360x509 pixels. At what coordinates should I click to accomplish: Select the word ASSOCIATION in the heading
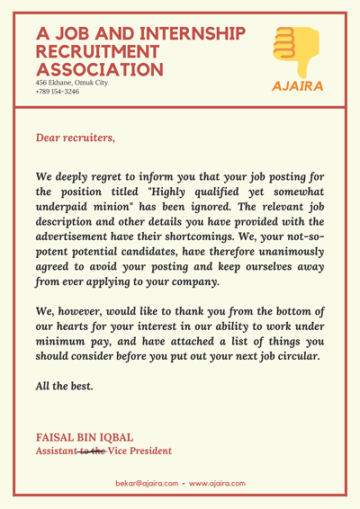100,69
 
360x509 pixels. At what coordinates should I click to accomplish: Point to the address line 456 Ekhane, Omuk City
71,83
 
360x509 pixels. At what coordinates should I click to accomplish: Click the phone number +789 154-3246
58,92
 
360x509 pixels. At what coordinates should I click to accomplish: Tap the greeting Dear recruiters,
76,138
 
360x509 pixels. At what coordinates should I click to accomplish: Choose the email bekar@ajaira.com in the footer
147,483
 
